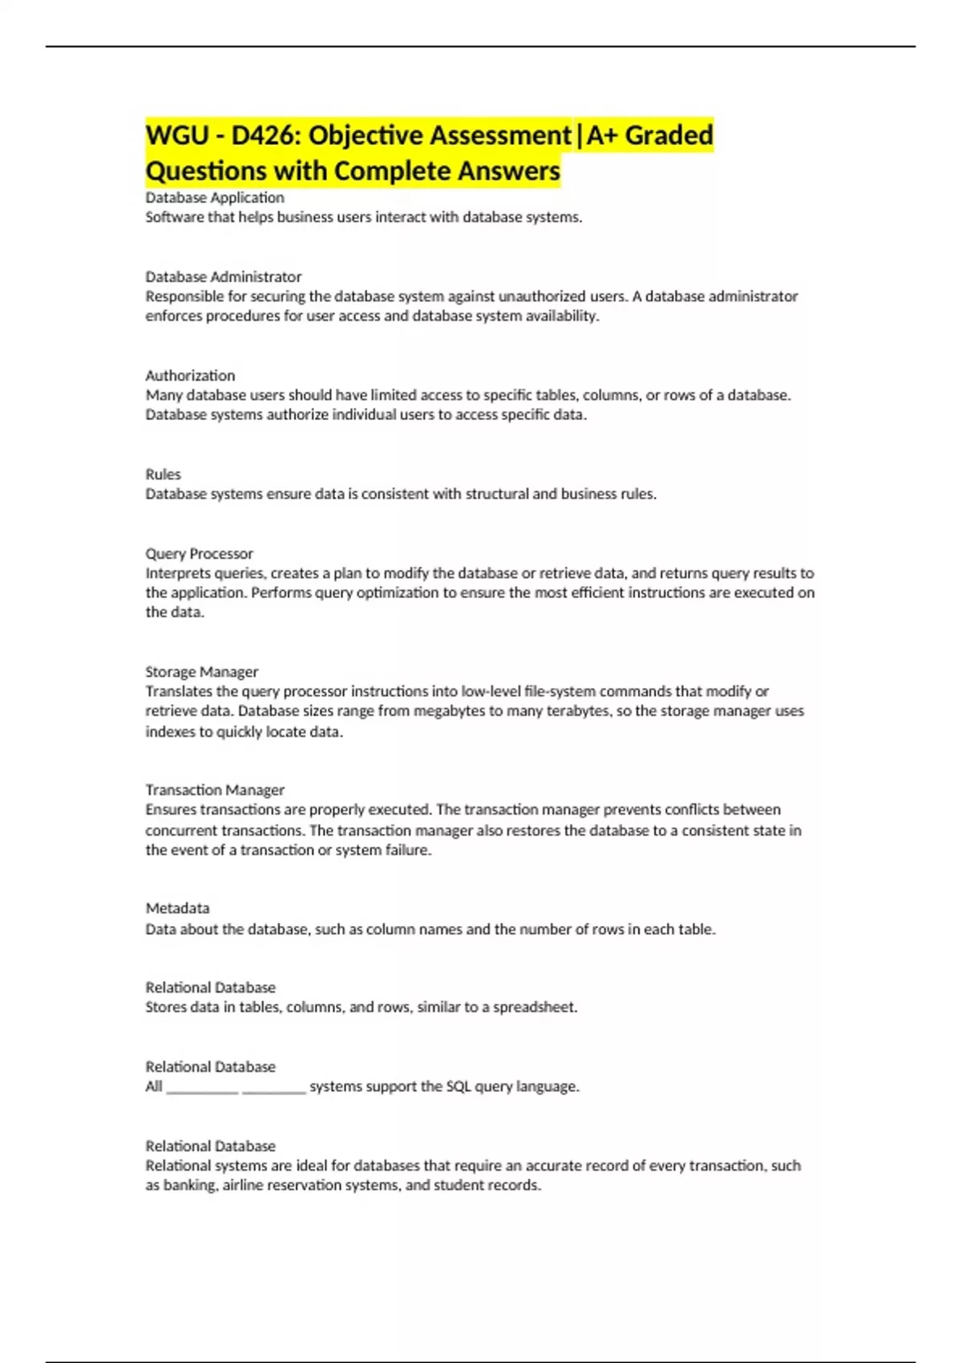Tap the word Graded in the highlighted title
[669, 135]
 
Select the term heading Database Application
[215, 197]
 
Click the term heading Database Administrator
[224, 277]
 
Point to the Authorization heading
[190, 375]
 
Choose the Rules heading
[163, 474]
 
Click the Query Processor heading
[199, 553]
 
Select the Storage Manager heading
[201, 671]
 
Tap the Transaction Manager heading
[215, 790]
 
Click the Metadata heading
[177, 908]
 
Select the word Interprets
[179, 573]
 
